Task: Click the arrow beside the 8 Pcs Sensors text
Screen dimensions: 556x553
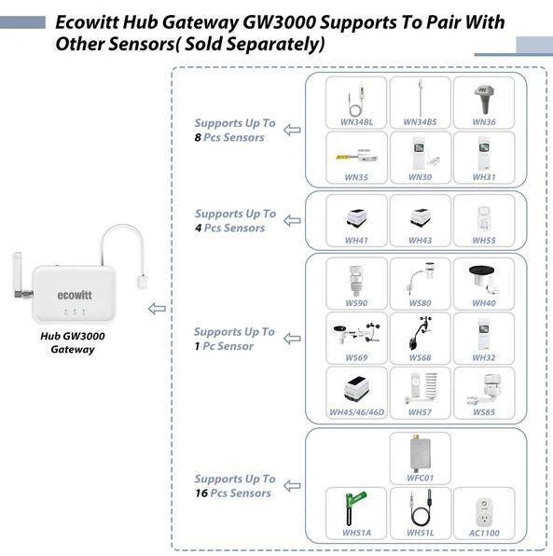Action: (x=291, y=131)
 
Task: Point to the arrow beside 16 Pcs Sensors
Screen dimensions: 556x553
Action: (x=291, y=486)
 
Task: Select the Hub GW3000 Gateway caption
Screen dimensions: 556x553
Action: (x=71, y=343)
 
